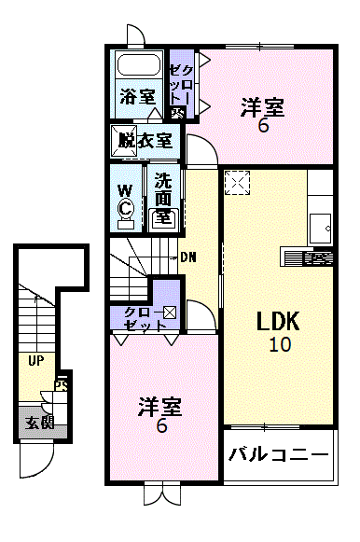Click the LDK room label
(278, 322)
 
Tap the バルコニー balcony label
(279, 456)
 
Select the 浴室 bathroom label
(137, 96)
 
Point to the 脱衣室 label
(145, 141)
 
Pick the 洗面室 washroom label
(163, 197)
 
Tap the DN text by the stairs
(188, 257)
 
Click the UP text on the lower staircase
(35, 360)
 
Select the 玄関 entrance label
(39, 422)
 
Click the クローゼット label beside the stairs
(137, 318)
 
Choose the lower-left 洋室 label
(160, 407)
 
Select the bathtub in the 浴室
(138, 65)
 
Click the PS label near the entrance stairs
(62, 383)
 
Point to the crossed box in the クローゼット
(170, 313)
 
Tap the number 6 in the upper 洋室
(264, 126)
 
